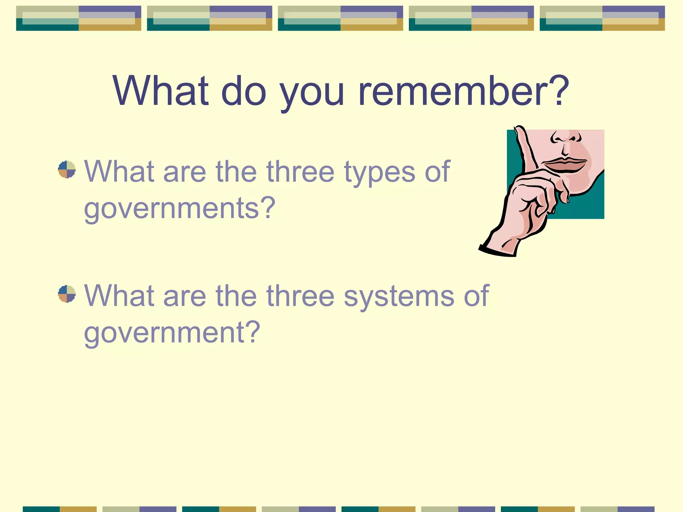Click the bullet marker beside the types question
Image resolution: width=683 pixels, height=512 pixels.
click(x=67, y=170)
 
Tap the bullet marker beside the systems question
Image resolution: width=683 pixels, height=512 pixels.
click(x=67, y=294)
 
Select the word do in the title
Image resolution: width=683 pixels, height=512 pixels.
click(x=244, y=91)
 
